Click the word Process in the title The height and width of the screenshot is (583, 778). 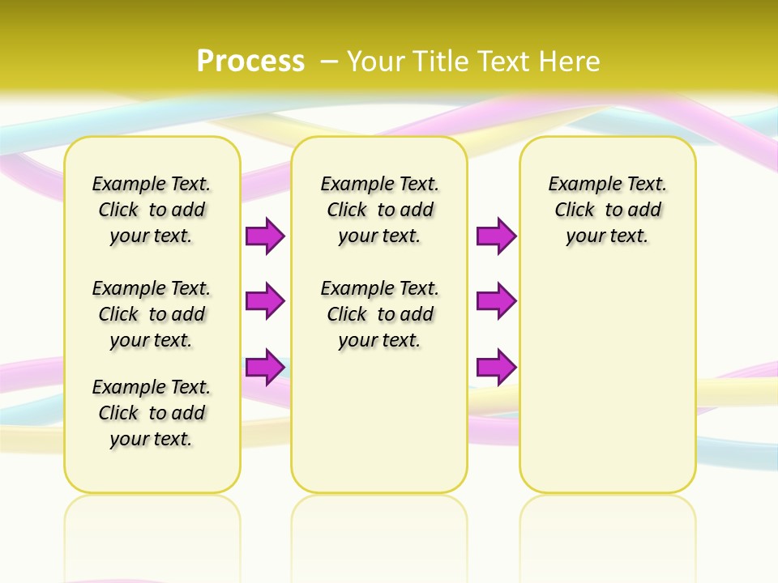coord(250,61)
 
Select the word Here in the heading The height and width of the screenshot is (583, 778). coord(569,61)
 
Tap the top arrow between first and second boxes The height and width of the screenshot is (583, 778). coord(265,236)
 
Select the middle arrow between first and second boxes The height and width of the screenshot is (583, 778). coord(265,301)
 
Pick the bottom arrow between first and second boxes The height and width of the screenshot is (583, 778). coord(265,367)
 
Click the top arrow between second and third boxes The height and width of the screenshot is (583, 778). coord(496,236)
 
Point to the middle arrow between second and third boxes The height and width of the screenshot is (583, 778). coord(496,301)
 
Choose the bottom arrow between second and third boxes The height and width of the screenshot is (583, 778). coord(496,367)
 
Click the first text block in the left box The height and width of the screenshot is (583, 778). coord(152,210)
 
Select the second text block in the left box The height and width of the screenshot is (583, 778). coord(152,314)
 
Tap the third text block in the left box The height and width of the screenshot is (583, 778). coord(152,413)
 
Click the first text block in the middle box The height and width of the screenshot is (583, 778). coord(380,210)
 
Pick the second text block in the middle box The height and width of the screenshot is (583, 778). coord(380,314)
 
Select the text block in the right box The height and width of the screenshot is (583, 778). coord(608,210)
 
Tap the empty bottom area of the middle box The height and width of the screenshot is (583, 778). coord(379,429)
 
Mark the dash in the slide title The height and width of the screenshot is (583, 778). coord(330,61)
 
